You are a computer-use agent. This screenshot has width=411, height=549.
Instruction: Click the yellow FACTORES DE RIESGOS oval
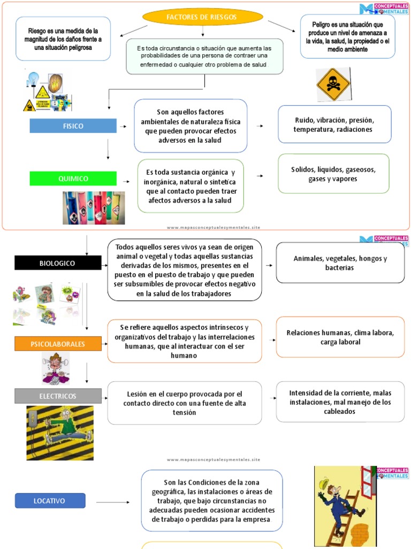[202, 17]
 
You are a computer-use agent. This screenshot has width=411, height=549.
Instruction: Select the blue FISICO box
[73, 126]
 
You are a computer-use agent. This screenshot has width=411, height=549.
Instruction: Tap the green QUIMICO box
[73, 179]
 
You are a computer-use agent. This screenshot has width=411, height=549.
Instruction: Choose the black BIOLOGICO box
[58, 263]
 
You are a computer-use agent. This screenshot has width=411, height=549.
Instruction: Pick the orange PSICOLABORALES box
[58, 344]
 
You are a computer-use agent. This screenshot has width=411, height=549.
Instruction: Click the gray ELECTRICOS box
[58, 396]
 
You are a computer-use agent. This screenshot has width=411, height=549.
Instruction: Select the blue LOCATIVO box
[50, 501]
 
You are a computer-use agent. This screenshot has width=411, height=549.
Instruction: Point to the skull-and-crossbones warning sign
[333, 84]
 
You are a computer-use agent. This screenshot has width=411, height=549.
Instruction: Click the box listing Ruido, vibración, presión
[334, 124]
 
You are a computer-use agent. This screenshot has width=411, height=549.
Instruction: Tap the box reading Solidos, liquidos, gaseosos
[333, 174]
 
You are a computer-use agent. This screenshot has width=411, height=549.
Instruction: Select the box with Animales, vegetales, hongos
[340, 263]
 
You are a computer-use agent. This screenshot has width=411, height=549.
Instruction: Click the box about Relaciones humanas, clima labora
[340, 337]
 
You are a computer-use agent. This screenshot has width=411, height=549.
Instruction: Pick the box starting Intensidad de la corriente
[340, 402]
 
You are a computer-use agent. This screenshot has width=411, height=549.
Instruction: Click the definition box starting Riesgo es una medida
[63, 39]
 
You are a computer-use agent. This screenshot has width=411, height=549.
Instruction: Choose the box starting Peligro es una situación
[348, 36]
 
